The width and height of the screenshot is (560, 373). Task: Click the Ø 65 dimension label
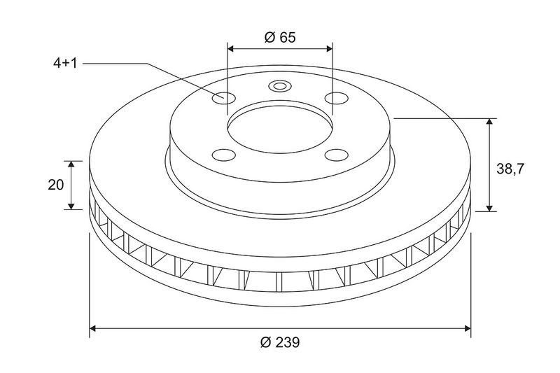pos(281,37)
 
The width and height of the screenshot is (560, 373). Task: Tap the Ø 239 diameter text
pos(281,342)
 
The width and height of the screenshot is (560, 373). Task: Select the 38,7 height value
pos(511,169)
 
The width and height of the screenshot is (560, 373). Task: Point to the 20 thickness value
pos(56,185)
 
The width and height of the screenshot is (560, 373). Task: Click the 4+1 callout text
pos(65,64)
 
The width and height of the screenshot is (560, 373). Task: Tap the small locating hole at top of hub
pos(279,86)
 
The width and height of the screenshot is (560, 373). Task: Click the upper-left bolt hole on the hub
pos(224,97)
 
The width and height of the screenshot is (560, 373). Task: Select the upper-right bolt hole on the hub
pos(337,97)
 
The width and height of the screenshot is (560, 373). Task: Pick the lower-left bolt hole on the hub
pos(224,155)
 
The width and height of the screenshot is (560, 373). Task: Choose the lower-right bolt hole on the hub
pos(337,155)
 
